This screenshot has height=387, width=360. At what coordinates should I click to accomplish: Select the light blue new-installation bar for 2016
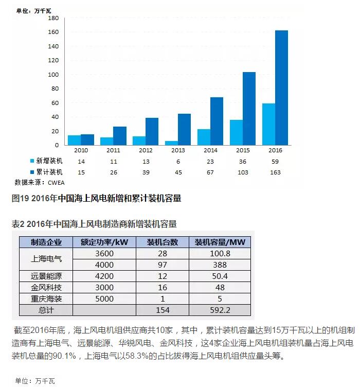pos(268,124)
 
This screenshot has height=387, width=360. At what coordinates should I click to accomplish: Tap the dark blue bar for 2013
pos(184,129)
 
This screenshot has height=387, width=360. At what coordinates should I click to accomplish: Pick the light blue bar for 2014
pos(204,137)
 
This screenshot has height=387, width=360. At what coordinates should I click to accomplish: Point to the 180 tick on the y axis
pos(53,18)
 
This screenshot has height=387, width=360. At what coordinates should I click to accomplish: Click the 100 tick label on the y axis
pos(53,75)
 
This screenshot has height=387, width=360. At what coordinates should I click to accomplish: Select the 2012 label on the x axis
pos(145,151)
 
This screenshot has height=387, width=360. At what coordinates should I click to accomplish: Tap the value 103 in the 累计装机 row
pos(242,172)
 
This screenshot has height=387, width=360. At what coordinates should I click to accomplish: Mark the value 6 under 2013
pos(177,162)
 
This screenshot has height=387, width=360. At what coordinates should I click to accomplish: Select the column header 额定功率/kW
pos(104,242)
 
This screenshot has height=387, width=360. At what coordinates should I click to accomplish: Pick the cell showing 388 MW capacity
pos(221,265)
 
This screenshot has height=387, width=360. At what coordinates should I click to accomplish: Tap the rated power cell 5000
pos(104,299)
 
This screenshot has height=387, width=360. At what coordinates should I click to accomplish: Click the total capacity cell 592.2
pos(221,310)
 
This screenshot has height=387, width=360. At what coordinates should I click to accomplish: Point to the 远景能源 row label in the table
pos(46,276)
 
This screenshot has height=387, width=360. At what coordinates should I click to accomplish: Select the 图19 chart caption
pos(96,199)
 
